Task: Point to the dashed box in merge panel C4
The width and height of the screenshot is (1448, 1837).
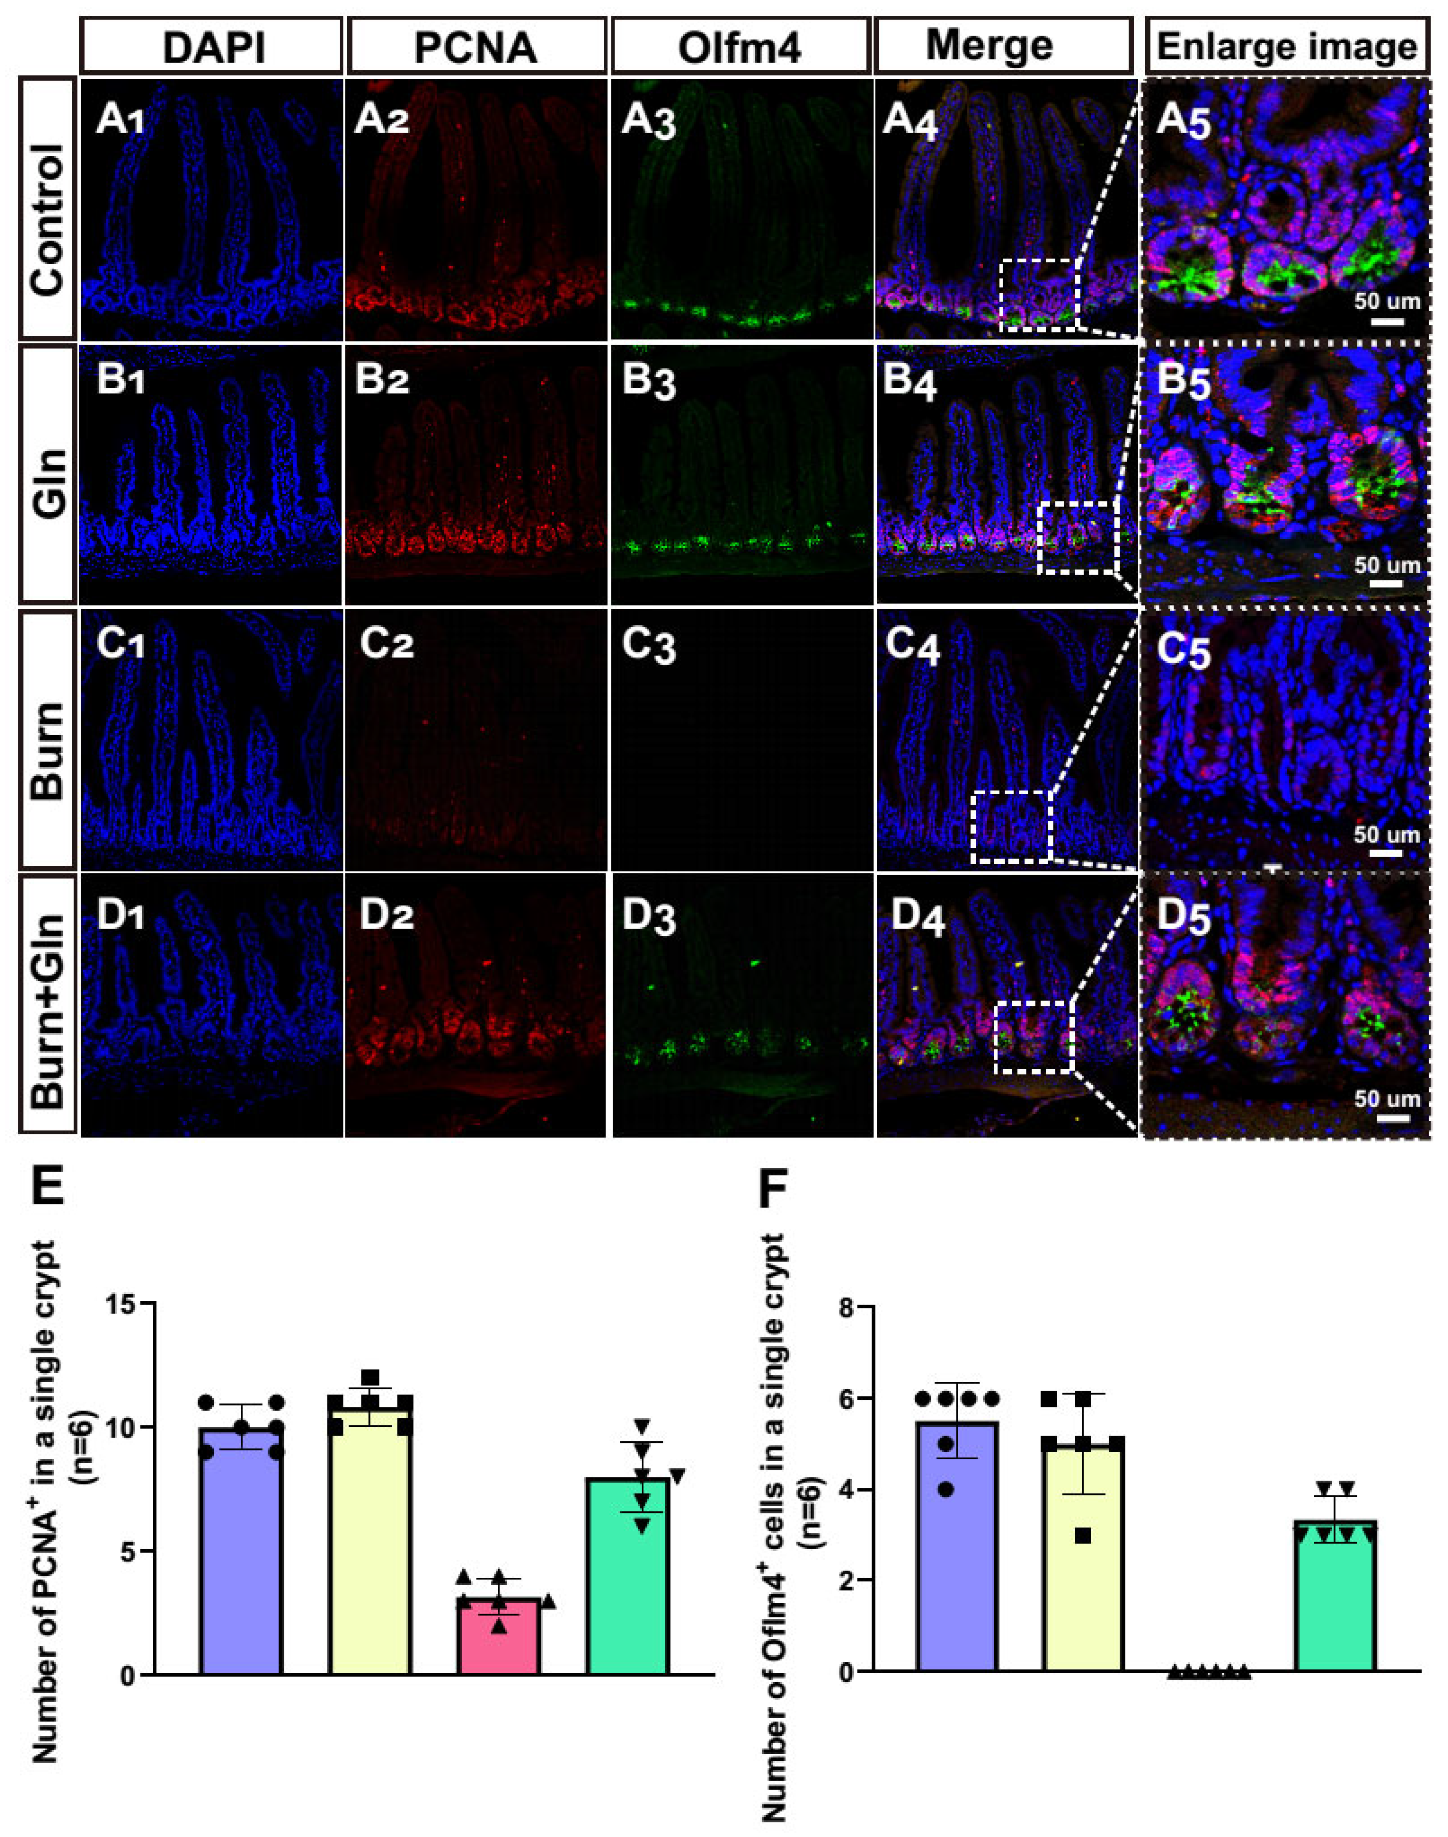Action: pos(1011,827)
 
